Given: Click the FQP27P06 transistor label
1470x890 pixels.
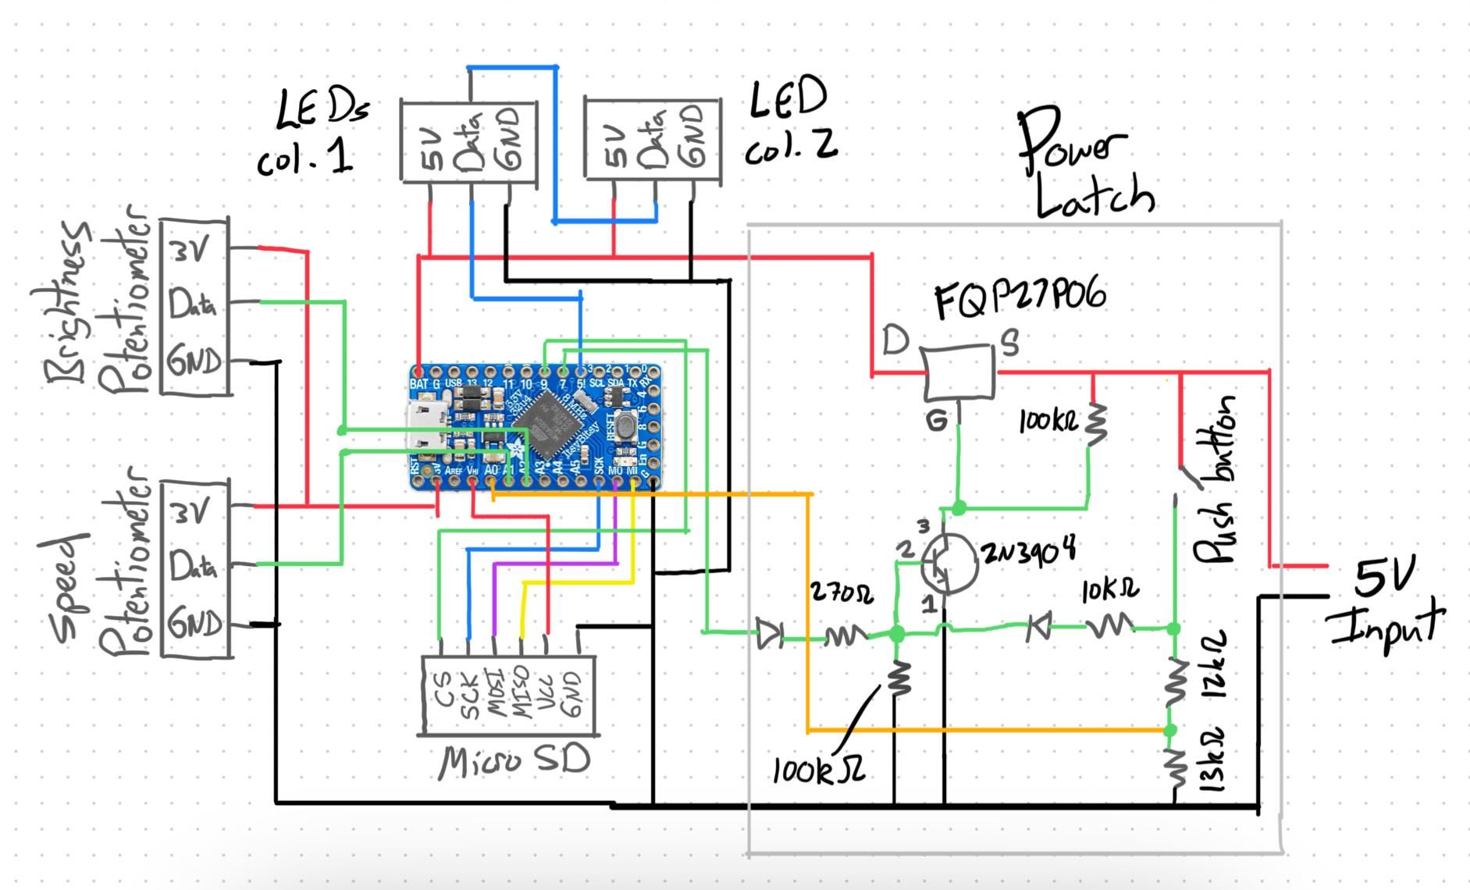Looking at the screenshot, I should [1020, 299].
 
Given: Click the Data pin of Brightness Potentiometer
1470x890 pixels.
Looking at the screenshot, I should [192, 304].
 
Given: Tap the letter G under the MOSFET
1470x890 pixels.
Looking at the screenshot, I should [936, 422].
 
